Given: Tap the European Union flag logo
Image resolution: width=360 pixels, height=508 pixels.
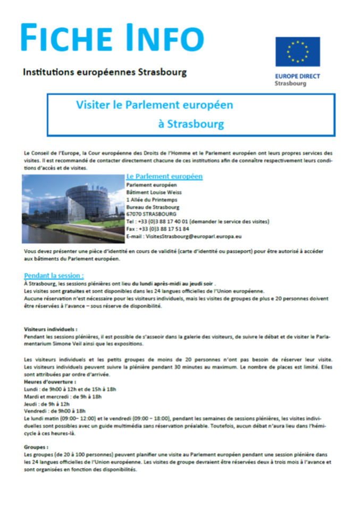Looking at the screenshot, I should pos(297,52).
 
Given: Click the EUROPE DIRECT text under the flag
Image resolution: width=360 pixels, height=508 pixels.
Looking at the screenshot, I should pos(297,76).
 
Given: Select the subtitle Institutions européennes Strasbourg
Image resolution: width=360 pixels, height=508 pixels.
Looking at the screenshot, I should pos(105,71).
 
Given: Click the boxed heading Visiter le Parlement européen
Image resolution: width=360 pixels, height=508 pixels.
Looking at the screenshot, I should pos(154,105).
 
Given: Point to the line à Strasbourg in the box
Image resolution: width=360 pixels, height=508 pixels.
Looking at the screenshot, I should pos(191,124).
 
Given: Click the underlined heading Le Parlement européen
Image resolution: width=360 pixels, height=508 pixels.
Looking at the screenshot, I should pos(164,176).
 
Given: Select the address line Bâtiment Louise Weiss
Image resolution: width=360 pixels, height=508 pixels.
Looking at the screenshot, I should pos(153,192).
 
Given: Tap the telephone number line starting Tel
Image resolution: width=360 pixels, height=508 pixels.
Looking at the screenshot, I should pos(197,221).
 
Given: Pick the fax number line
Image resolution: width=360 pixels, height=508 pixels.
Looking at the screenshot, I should pos(157,229).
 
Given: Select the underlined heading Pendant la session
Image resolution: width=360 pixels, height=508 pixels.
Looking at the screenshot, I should pos(54,276).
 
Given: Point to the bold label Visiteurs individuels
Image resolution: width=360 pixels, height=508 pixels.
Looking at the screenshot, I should pos(51,330).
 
